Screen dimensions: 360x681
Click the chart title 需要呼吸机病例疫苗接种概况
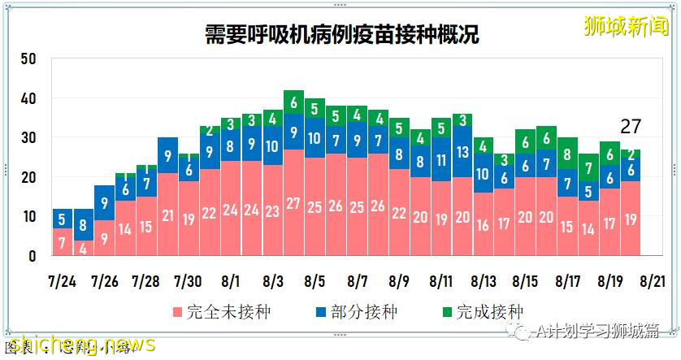pos(340,35)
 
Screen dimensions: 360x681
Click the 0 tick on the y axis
pos(32,256)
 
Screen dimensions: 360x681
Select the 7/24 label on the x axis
pos(63,281)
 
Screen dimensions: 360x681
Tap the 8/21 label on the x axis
pos(653,281)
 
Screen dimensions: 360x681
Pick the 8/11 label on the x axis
pos(442,281)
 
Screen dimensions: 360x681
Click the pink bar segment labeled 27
pos(294,202)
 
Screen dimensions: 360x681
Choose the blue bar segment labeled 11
pos(441,159)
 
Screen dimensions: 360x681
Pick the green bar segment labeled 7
pos(589,169)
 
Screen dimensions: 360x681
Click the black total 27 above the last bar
pos(631,127)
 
